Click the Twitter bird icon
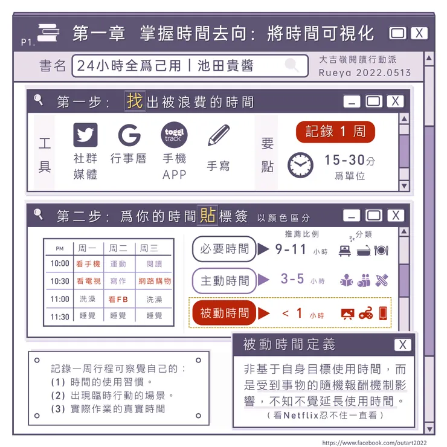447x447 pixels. point(85,135)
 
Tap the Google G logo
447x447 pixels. point(129,135)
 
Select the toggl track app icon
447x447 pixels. point(174,135)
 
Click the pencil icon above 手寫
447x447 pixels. point(219,135)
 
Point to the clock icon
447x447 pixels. point(300,164)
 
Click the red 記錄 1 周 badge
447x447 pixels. point(335,132)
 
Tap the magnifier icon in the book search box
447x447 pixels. point(292,65)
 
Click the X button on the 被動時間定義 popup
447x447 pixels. point(402,344)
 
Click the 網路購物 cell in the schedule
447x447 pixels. point(155,281)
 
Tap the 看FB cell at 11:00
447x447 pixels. point(118,299)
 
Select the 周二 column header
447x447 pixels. point(118,248)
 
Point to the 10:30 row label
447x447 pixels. point(60,281)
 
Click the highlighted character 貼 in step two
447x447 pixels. point(208,215)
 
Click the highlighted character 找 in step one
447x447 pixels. point(135,101)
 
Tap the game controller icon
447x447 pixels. point(365,314)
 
